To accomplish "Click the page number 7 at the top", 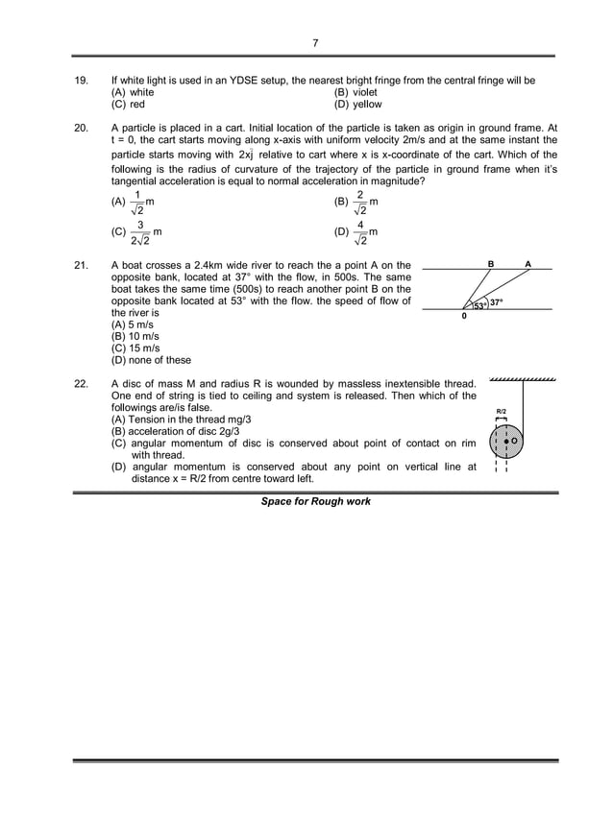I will click(315, 43).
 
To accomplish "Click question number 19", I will click(82, 81).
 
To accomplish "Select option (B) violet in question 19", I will click(356, 92).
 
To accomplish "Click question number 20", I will click(82, 128).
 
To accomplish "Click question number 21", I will click(82, 264).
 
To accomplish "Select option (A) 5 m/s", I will click(131, 325).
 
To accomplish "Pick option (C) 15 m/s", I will click(134, 348).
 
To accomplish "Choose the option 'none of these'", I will click(151, 361).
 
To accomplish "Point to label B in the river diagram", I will click(491, 262).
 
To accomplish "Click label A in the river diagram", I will click(527, 262).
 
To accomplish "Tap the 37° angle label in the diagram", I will click(496, 302).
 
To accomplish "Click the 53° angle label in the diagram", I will click(478, 305).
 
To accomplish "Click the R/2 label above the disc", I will click(501, 410).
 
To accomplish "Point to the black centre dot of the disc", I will click(506, 442).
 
